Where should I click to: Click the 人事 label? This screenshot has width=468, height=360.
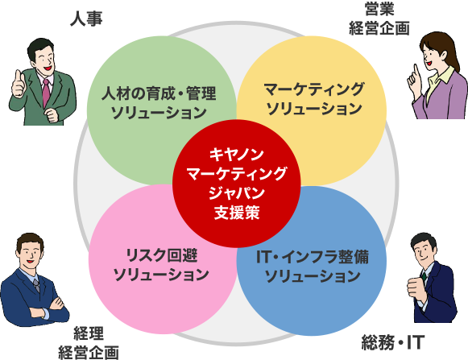tap(86, 19)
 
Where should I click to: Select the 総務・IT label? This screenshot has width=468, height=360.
tap(393, 342)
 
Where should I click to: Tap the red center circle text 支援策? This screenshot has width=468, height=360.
tap(237, 213)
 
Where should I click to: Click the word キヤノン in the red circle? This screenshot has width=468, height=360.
tap(236, 155)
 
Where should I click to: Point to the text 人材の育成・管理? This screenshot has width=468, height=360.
tap(159, 93)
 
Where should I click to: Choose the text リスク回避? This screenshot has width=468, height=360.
tap(161, 255)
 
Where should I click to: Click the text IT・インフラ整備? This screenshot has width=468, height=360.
tap(313, 257)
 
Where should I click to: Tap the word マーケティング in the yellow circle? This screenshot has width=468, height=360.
tap(314, 89)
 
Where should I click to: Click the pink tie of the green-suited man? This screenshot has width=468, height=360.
tap(46, 93)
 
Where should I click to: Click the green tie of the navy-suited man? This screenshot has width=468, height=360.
tap(424, 277)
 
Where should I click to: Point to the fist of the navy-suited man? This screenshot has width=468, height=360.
tap(415, 288)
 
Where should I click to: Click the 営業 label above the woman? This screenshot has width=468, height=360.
tap(379, 9)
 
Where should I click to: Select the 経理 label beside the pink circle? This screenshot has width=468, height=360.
tap(89, 333)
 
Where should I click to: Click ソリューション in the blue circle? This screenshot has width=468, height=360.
tap(313, 276)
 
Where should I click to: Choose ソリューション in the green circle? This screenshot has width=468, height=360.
tap(159, 113)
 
